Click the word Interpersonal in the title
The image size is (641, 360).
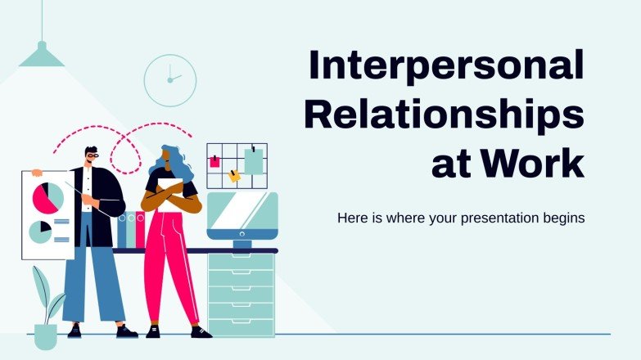coord(445,66)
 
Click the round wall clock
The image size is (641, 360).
coord(169,80)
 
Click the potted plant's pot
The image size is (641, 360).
coord(46,336)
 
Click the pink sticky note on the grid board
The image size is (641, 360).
coord(215,161)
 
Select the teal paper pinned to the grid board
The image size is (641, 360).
coord(254,162)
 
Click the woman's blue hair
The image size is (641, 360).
coord(174,163)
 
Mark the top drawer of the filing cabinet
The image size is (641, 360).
coord(242,261)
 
